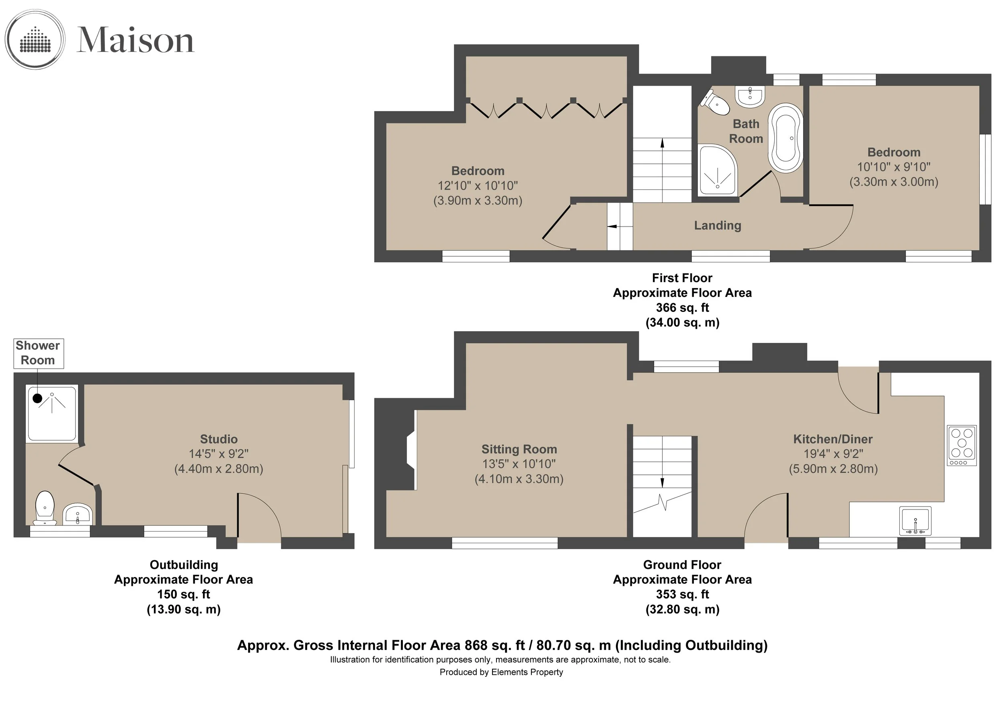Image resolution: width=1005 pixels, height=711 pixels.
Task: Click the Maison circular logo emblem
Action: click(35, 39)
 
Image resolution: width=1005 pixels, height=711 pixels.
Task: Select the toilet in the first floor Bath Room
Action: click(715, 102)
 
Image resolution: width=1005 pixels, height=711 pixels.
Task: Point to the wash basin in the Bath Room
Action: click(750, 96)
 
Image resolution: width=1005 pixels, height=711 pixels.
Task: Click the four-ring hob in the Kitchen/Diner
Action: click(962, 445)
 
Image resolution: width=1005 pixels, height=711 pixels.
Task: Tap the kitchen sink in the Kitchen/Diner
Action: click(915, 521)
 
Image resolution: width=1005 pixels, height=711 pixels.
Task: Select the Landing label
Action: click(718, 226)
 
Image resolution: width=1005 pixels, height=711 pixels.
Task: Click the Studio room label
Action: click(219, 439)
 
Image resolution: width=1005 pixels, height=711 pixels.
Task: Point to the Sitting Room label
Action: click(519, 449)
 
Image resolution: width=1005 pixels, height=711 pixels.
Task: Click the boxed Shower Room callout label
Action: click(38, 353)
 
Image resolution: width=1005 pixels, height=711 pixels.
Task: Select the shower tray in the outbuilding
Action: click(52, 413)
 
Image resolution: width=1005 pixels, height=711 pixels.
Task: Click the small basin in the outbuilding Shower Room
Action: click(78, 514)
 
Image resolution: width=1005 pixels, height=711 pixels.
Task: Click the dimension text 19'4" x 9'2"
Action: click(833, 454)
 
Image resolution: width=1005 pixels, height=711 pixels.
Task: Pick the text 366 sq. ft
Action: click(683, 307)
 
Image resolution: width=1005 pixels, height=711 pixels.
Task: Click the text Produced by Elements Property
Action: click(501, 672)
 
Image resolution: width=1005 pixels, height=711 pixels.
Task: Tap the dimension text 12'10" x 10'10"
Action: click(478, 186)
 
